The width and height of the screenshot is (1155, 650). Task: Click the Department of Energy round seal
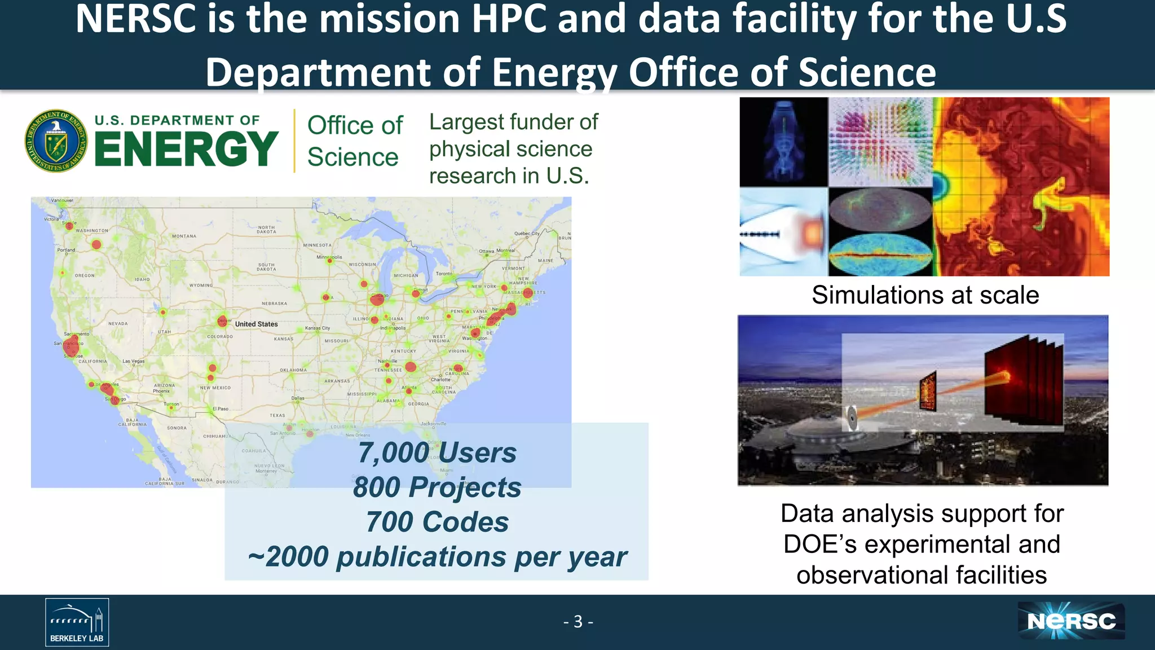click(x=56, y=140)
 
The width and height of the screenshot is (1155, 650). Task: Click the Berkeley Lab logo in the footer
click(x=77, y=622)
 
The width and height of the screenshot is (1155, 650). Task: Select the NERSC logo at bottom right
click(x=1071, y=621)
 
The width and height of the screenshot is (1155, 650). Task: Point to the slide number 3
click(x=578, y=622)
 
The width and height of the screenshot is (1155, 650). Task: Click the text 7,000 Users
click(x=437, y=453)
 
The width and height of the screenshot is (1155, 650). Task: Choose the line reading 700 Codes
click(x=437, y=522)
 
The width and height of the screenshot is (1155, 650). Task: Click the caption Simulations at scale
click(x=925, y=295)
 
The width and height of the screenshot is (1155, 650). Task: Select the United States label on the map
click(x=256, y=324)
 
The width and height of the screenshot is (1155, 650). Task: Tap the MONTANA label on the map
click(x=184, y=236)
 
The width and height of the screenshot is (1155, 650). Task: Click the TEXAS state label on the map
click(x=277, y=415)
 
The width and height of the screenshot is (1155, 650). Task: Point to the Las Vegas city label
click(x=134, y=361)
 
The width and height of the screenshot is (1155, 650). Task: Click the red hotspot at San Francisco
click(x=71, y=345)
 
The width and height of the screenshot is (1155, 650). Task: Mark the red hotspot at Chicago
click(x=377, y=299)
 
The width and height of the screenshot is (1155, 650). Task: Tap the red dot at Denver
click(x=222, y=321)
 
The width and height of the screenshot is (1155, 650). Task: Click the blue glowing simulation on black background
click(x=783, y=142)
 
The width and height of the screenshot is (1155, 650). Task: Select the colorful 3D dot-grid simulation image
click(x=880, y=142)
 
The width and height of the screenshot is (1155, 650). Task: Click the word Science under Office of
click(x=353, y=157)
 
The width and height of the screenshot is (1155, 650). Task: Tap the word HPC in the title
click(x=509, y=19)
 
